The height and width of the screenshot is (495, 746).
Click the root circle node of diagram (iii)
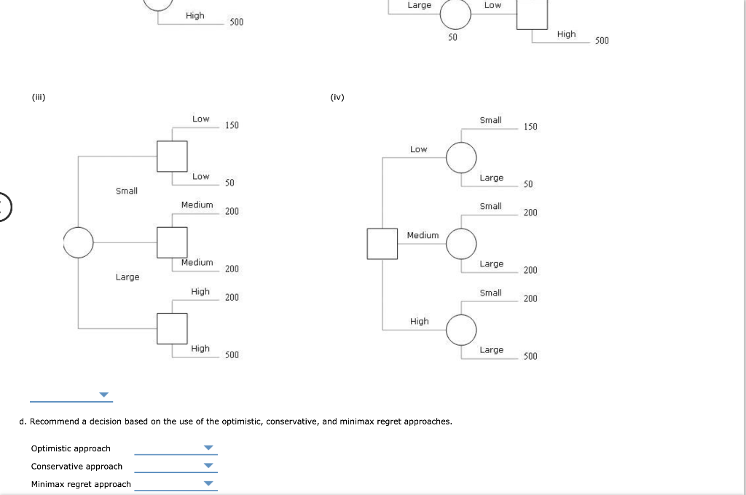78,242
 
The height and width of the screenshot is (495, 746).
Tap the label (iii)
38,96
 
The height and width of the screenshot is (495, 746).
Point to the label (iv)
337,96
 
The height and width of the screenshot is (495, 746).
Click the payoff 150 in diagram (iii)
232,126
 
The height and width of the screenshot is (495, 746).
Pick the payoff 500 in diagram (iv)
530,356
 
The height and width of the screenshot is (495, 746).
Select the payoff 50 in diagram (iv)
528,184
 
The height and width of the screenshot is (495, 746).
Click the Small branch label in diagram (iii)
127,191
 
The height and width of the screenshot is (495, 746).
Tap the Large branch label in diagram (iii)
127,277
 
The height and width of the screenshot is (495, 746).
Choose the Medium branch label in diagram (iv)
423,235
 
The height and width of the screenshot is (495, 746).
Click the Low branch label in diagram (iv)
419,149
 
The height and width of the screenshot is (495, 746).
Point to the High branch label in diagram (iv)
420,321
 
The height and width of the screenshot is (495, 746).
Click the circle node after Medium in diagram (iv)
461,243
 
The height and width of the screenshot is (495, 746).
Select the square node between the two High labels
173,328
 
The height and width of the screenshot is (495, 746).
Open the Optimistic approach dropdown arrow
209,448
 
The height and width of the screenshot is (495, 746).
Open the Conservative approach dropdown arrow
209,466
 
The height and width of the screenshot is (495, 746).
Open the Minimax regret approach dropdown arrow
209,483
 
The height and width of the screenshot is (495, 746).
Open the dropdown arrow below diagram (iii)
104,395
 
